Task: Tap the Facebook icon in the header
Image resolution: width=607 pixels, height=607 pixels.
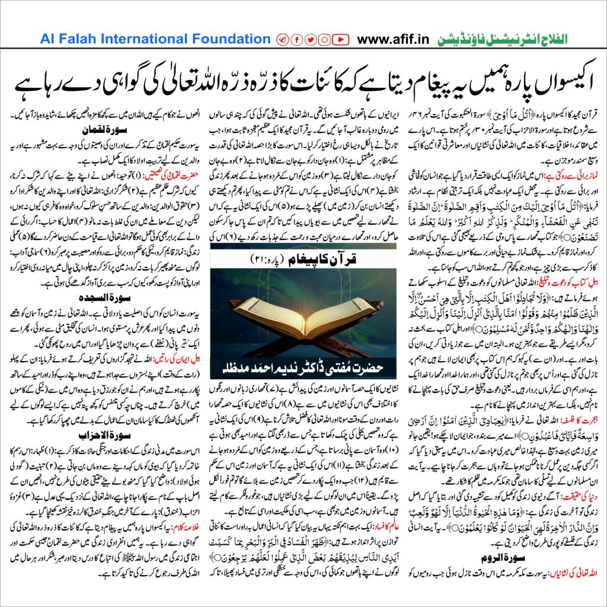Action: coord(296,40)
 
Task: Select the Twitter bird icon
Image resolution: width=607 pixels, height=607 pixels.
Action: coord(309,40)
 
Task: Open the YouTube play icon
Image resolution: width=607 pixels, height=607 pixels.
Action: coord(340,40)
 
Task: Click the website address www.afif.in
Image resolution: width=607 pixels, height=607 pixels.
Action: coord(395,40)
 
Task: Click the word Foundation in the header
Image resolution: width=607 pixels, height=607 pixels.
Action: coord(222,40)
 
